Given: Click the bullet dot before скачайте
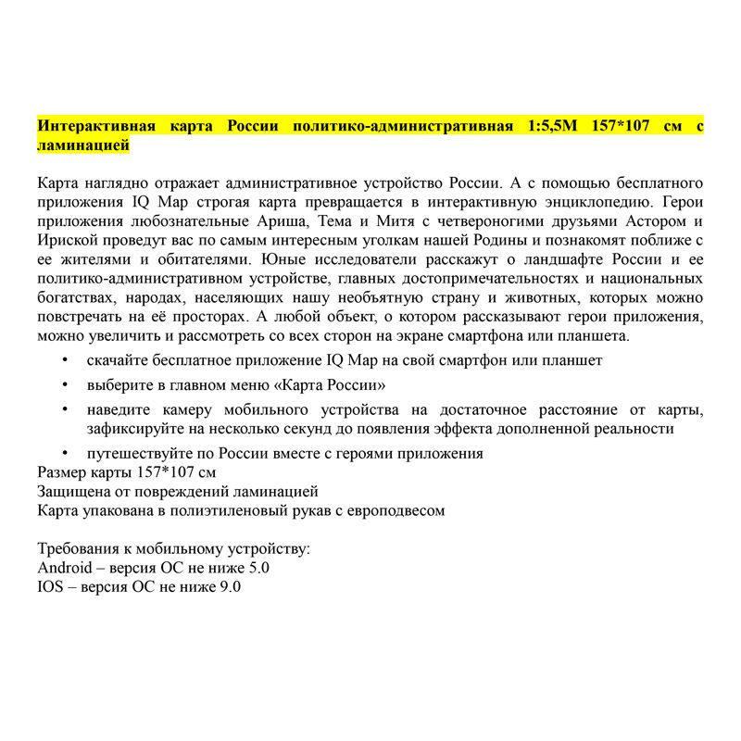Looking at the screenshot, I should (64, 359).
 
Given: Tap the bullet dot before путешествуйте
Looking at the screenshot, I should (64, 454).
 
